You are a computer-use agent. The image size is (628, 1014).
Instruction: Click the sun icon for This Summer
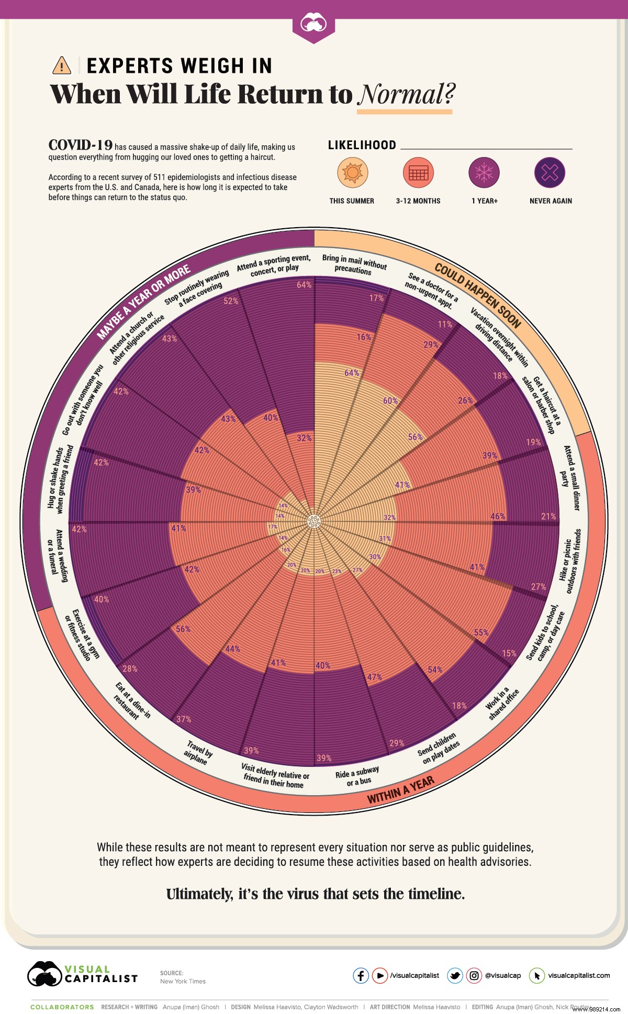pos(352,173)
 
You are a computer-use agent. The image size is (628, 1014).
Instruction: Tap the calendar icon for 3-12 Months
pos(418,173)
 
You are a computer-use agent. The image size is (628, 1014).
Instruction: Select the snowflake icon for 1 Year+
pos(484,173)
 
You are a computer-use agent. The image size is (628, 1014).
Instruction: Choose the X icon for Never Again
pos(549,173)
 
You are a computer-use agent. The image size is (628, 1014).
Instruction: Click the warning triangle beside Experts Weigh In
pos(62,66)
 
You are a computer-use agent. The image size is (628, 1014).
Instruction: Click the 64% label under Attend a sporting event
pos(304,285)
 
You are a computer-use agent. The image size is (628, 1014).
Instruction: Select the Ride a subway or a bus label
pos(358,776)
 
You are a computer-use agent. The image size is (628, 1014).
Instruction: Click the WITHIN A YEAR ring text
pos(400,790)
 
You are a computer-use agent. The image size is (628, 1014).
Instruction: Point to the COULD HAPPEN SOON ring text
pos(477,296)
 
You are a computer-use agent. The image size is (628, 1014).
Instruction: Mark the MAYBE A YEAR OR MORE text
pos(144,302)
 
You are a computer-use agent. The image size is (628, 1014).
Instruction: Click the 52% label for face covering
pos(231,301)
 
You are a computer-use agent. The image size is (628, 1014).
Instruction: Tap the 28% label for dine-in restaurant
pos(130,668)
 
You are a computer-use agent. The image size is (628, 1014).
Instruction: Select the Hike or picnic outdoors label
pos(570,561)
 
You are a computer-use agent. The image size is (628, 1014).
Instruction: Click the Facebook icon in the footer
pos(361,975)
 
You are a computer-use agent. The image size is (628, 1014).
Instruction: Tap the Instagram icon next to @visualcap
pos(474,975)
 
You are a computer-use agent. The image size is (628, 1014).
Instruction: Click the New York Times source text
pos(183,981)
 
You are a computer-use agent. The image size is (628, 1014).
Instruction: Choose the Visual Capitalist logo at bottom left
pos(82,975)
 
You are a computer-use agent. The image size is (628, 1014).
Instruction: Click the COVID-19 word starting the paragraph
pos(80,146)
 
